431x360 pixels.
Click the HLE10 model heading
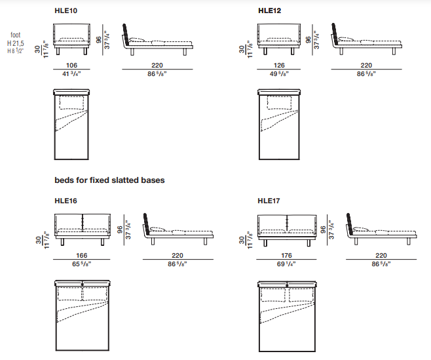pyautogui.click(x=66, y=10)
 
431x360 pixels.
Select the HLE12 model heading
pyautogui.click(x=269, y=10)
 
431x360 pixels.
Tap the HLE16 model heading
pyautogui.click(x=66, y=201)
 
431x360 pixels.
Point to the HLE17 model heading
pyautogui.click(x=269, y=201)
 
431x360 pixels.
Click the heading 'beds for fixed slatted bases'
pyautogui.click(x=109, y=180)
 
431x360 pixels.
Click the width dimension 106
pyautogui.click(x=71, y=65)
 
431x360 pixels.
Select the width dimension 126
pyautogui.click(x=279, y=65)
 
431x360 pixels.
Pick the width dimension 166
pyautogui.click(x=82, y=256)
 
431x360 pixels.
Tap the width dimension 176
pyautogui.click(x=286, y=256)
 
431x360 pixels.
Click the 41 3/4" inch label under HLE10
pyautogui.click(x=71, y=73)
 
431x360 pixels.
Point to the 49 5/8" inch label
pyautogui.click(x=279, y=73)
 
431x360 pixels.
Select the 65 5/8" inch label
pyautogui.click(x=82, y=264)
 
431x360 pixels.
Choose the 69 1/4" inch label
pyautogui.click(x=286, y=264)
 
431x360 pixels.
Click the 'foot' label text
pyautogui.click(x=16, y=35)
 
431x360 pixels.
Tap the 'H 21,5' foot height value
pyautogui.click(x=16, y=43)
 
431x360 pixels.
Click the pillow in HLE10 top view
pyautogui.click(x=71, y=103)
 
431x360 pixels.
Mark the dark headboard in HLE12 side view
pyautogui.click(x=334, y=33)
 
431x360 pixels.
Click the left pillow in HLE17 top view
pyautogui.click(x=273, y=295)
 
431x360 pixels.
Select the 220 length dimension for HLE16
pyautogui.click(x=178, y=256)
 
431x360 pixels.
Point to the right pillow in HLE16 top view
pyautogui.click(x=95, y=294)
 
